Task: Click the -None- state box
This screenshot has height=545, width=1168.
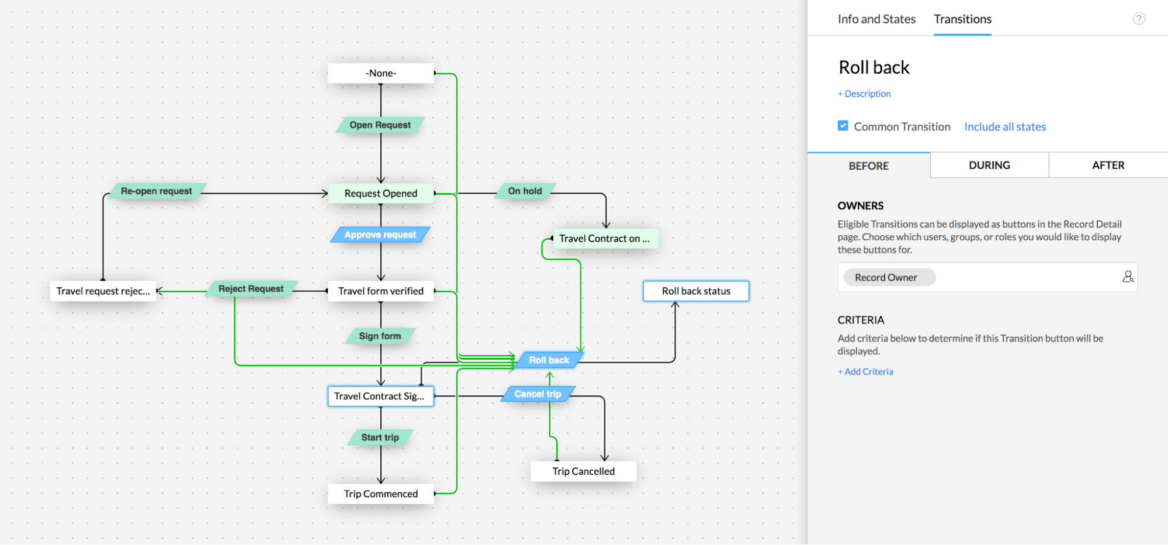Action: click(380, 73)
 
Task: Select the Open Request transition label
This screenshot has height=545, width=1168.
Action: click(380, 125)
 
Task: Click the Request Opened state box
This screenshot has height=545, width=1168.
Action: click(380, 193)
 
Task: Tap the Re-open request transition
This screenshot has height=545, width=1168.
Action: click(156, 191)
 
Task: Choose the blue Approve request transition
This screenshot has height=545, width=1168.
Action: click(380, 234)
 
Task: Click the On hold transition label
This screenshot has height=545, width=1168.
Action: click(525, 191)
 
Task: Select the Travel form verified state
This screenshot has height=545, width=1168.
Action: click(380, 291)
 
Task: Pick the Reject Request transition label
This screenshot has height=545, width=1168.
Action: click(251, 288)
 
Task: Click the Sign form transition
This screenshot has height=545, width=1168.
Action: click(380, 336)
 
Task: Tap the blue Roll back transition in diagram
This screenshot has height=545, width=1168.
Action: click(549, 360)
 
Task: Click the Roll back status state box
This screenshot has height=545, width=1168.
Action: click(696, 291)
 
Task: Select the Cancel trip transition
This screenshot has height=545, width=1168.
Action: click(538, 394)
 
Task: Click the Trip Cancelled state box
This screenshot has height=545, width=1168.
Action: click(583, 471)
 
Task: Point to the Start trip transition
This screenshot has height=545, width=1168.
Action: click(380, 437)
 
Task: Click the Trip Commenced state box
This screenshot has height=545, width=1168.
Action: click(380, 494)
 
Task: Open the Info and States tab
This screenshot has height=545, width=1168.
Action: click(876, 19)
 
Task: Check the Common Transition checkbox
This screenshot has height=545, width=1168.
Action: click(843, 126)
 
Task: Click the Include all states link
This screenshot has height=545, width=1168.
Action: click(1004, 126)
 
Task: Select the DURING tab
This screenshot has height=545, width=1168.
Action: click(989, 165)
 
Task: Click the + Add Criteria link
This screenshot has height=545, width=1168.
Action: click(865, 371)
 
